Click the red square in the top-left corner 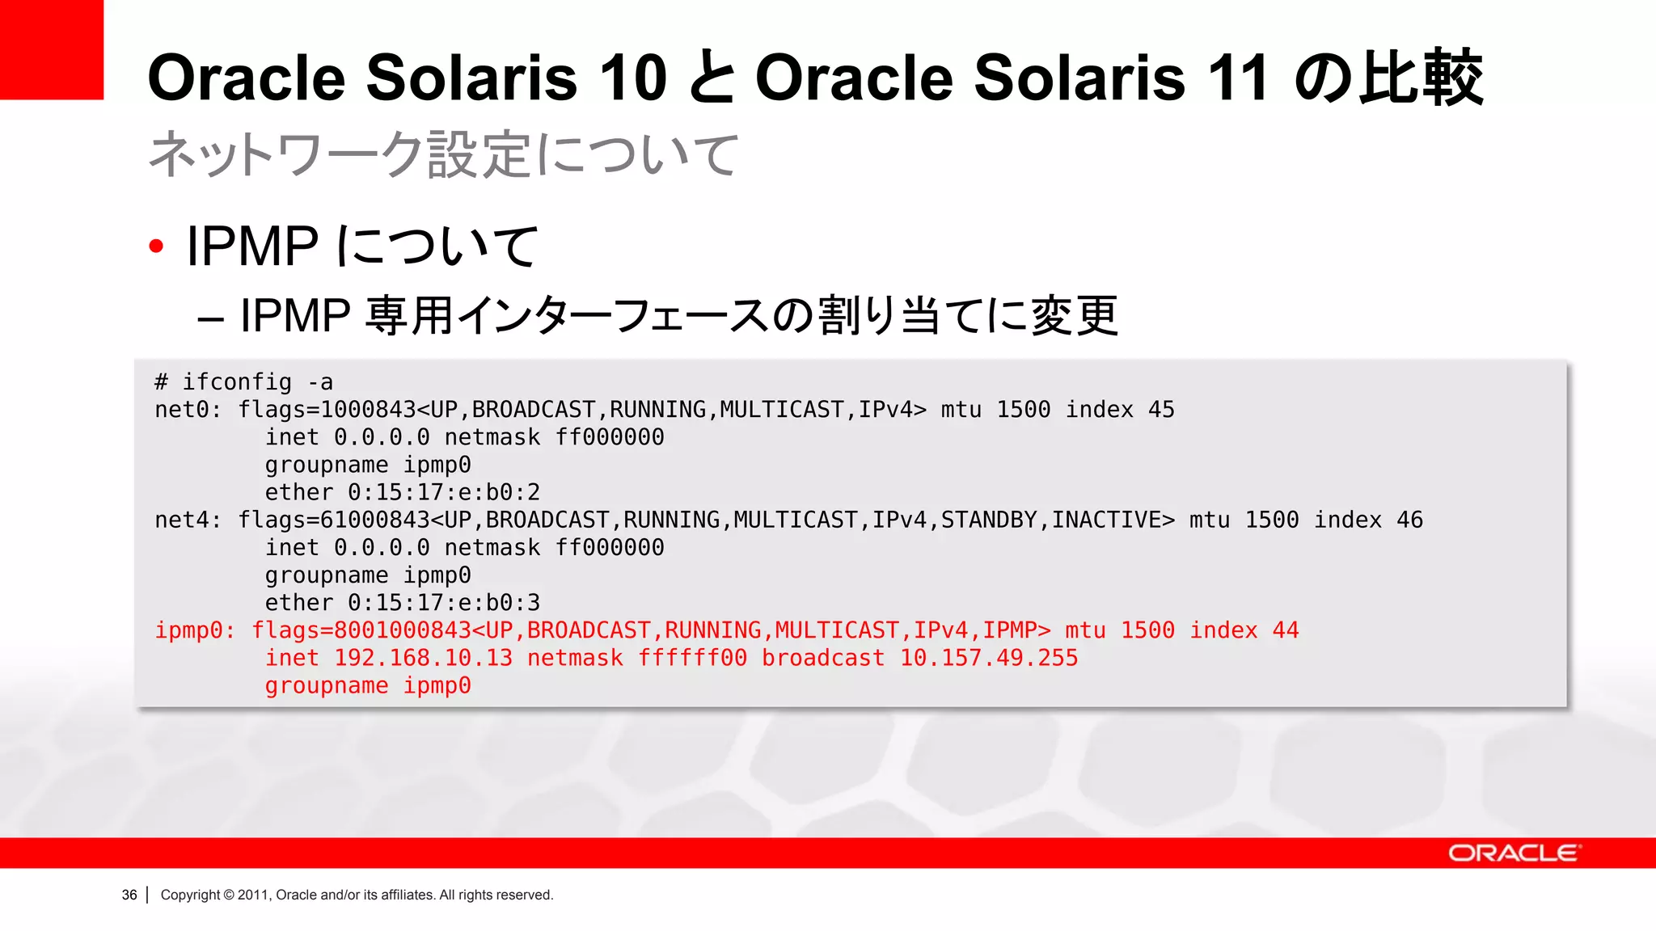[x=51, y=49]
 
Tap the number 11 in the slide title [x=1236, y=78]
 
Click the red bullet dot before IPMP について [x=157, y=246]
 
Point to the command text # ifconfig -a [x=243, y=381]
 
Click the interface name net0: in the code [x=188, y=410]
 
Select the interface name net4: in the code [x=188, y=520]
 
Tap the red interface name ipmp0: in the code [x=195, y=630]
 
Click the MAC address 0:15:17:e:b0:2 [x=443, y=492]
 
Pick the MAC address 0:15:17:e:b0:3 [x=443, y=603]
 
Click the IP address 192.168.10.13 [x=423, y=658]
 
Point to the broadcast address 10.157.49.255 [x=988, y=658]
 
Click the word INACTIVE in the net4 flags [x=1113, y=520]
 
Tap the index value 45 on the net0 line [x=1161, y=410]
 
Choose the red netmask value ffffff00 [x=692, y=658]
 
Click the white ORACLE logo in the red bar [x=1513, y=853]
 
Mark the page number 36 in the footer [x=129, y=895]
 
